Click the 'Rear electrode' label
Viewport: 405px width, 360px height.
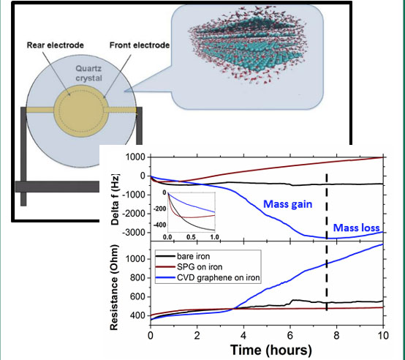coord(56,45)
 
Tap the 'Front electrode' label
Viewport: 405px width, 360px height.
coord(140,45)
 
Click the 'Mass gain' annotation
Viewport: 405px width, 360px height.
coord(288,204)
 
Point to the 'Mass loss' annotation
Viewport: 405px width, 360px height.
coord(357,228)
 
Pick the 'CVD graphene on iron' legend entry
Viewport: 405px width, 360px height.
coord(208,277)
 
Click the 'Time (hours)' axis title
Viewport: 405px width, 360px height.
coord(271,350)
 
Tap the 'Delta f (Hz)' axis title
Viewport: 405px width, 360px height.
coord(115,200)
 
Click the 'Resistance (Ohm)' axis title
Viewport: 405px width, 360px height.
coord(114,287)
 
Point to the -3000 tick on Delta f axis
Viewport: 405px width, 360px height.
coord(135,233)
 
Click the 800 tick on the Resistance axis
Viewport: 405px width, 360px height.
coord(138,278)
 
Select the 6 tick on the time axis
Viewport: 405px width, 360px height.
coord(290,335)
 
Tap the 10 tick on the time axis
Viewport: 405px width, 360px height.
coord(383,335)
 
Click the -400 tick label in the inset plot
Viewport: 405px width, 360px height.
coord(160,225)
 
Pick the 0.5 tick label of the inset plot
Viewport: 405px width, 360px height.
coord(191,237)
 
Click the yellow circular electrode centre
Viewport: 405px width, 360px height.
coord(81,113)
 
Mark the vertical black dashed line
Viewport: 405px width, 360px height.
coord(327,242)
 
